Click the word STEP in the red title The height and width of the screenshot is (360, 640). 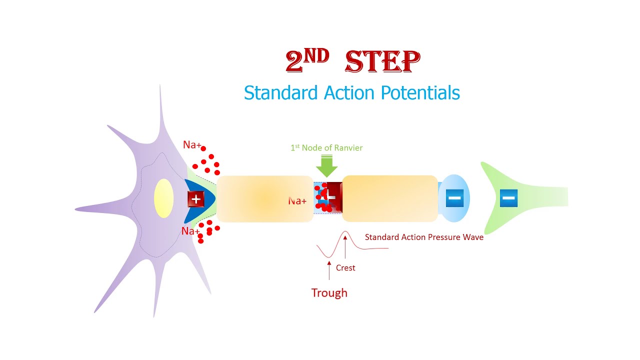[x=382, y=61]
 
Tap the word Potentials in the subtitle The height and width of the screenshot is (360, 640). [x=420, y=93]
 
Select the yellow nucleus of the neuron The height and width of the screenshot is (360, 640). [x=163, y=198]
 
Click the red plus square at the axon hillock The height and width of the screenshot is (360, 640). [x=195, y=199]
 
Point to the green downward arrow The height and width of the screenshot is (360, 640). [x=327, y=165]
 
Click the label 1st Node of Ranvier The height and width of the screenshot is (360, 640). [x=326, y=147]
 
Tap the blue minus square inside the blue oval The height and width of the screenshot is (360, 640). [x=454, y=198]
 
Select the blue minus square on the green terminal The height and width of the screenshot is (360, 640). [x=508, y=198]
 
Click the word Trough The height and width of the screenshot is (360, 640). [x=329, y=293]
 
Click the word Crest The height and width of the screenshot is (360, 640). [x=345, y=267]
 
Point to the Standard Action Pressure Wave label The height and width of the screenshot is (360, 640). [x=424, y=237]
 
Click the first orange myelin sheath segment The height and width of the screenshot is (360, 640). [x=265, y=199]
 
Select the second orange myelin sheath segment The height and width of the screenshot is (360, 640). [x=390, y=198]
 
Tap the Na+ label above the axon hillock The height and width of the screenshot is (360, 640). [x=192, y=144]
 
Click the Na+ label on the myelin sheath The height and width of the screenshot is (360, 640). [x=297, y=201]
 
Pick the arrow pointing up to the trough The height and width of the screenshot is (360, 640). [x=329, y=270]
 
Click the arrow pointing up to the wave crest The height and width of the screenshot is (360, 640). [x=345, y=247]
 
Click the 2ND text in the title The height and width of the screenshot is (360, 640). [x=307, y=60]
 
